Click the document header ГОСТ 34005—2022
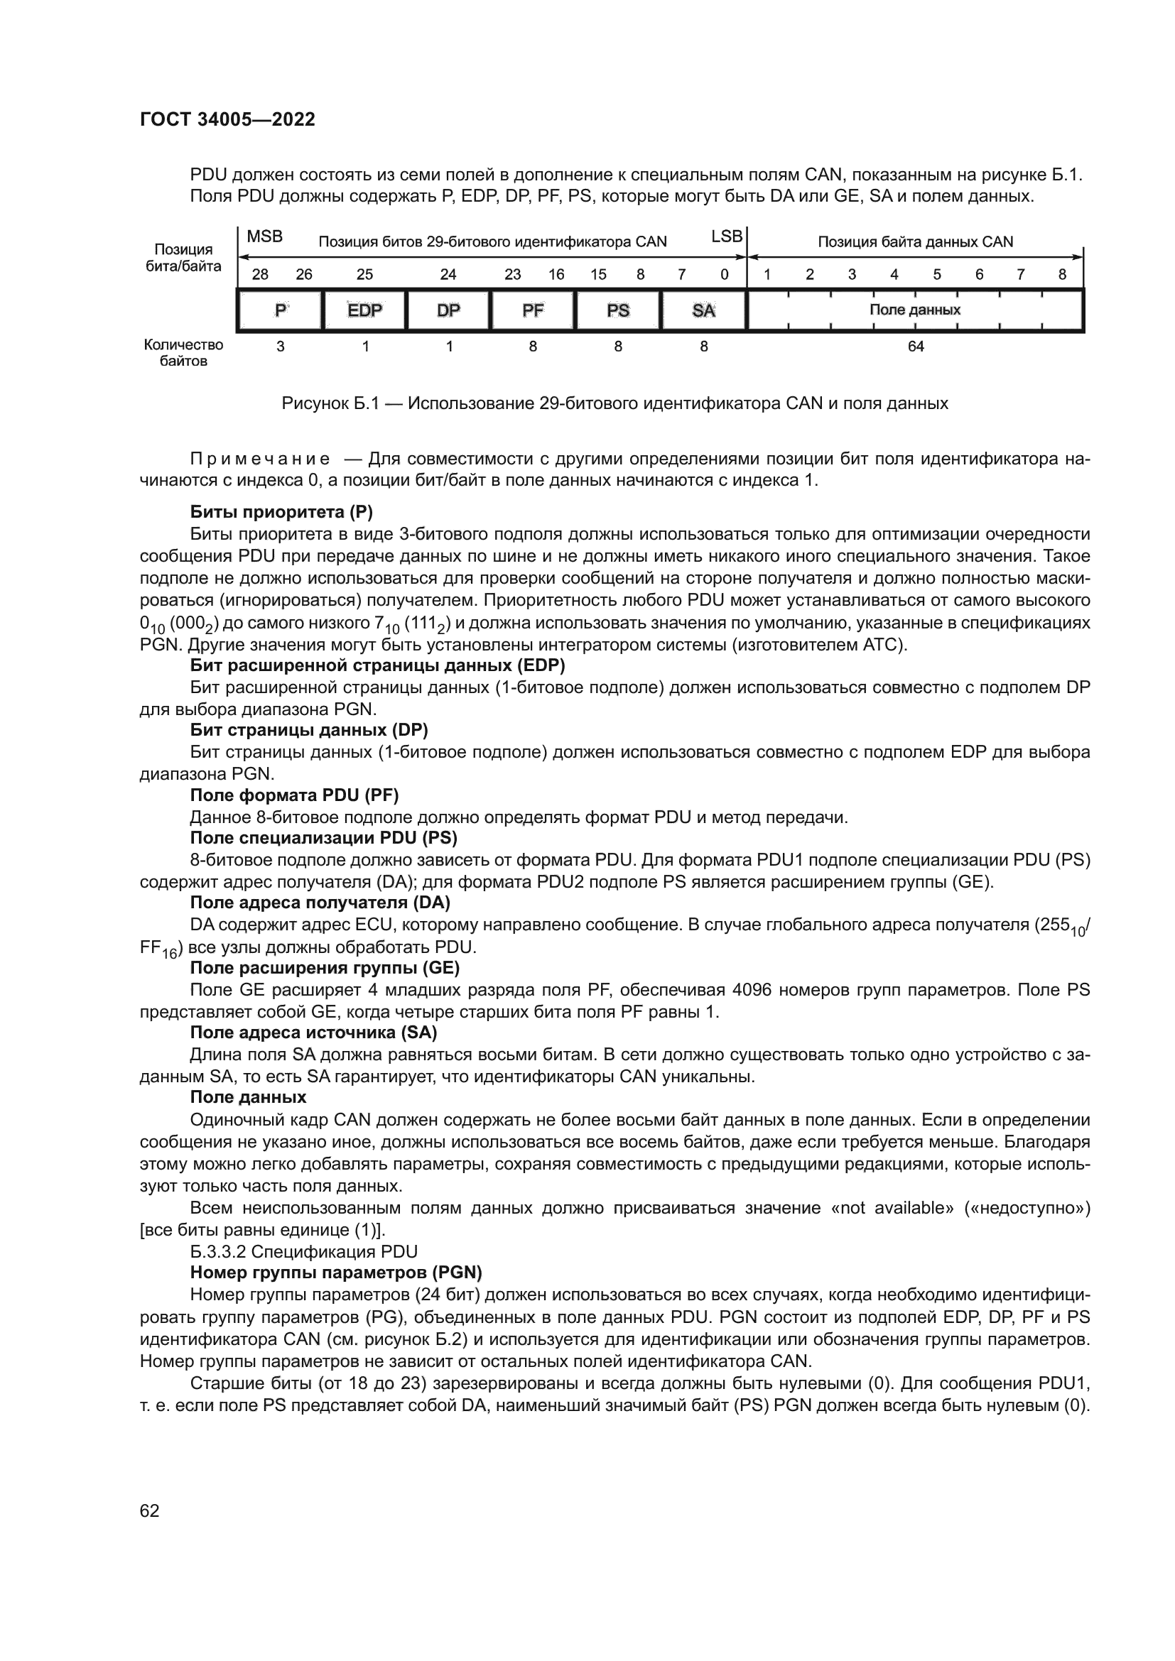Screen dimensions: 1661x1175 [x=227, y=120]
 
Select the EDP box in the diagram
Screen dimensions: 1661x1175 [x=364, y=310]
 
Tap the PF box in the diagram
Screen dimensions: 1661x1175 [x=533, y=310]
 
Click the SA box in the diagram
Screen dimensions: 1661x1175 [x=703, y=310]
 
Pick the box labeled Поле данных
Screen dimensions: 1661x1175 [x=914, y=310]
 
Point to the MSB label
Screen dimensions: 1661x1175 [x=265, y=237]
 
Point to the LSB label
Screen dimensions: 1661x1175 [x=727, y=236]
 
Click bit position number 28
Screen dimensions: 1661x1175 [x=259, y=275]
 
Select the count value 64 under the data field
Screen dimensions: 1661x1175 [x=915, y=347]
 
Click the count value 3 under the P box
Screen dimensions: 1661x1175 [x=281, y=347]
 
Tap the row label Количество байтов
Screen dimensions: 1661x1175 [x=183, y=353]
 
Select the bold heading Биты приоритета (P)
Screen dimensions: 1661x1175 [x=281, y=513]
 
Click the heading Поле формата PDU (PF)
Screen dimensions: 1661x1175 [x=294, y=796]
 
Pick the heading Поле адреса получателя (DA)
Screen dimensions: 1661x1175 [x=320, y=903]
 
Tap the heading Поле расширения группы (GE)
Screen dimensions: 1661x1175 [x=324, y=968]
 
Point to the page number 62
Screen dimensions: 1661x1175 [x=150, y=1511]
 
